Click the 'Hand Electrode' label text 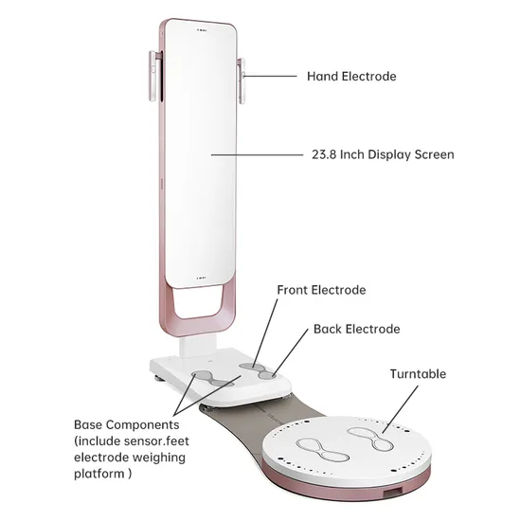(x=351, y=77)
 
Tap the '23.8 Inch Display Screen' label (x=383, y=154)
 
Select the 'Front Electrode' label (x=321, y=290)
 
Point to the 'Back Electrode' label (x=356, y=330)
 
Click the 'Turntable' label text (x=418, y=374)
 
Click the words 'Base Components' (x=127, y=425)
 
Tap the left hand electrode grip (x=153, y=76)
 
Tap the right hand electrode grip (x=242, y=81)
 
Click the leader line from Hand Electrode (x=270, y=76)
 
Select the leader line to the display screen (x=257, y=154)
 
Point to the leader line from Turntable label (x=400, y=409)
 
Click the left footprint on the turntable (x=322, y=450)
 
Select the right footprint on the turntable (x=370, y=439)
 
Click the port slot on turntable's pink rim (x=393, y=492)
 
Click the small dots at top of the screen (x=202, y=30)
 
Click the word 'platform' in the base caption (x=99, y=474)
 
